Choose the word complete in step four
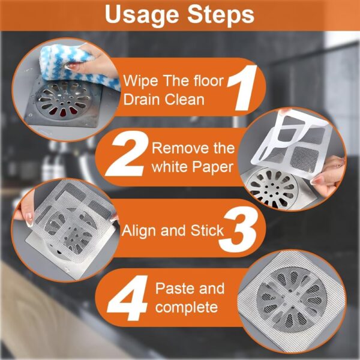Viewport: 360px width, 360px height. (x=187, y=307)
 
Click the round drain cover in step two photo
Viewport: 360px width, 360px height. (x=274, y=186)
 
